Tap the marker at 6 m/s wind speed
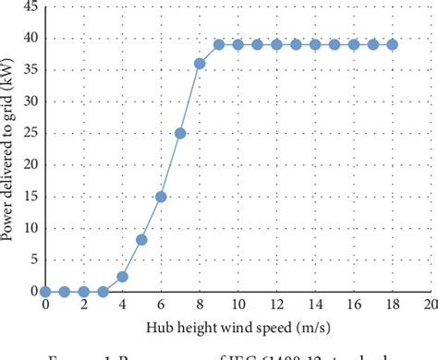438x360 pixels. [161, 197]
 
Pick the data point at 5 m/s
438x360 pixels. [141, 239]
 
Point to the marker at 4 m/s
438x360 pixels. [122, 276]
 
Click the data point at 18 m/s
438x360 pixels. [393, 44]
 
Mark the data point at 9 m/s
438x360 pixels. [219, 44]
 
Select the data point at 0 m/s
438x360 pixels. [45, 292]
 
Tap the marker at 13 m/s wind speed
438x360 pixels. [296, 44]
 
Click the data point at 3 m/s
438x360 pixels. [103, 292]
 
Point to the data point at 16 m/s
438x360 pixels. [354, 44]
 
